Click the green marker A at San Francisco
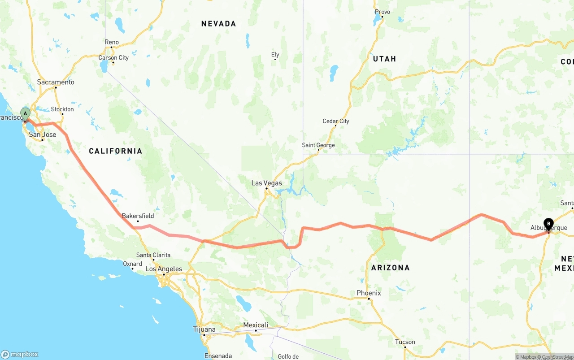[x=25, y=113]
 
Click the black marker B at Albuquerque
[x=548, y=223]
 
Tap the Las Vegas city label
[x=266, y=183]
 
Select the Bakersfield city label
[x=138, y=216]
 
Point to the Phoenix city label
[x=369, y=293]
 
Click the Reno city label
[x=112, y=42]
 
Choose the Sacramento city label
[x=56, y=82]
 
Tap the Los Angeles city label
[x=164, y=269]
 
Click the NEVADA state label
[x=218, y=24]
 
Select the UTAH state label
[x=384, y=59]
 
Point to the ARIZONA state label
[x=390, y=268]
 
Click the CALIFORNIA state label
[x=115, y=151]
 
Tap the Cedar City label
[x=335, y=121]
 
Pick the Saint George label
[x=318, y=145]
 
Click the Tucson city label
[x=405, y=342]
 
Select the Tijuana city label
[x=204, y=329]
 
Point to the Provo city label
[x=382, y=12]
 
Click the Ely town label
[x=275, y=55]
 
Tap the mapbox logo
[x=20, y=354]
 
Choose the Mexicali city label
[x=256, y=325]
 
